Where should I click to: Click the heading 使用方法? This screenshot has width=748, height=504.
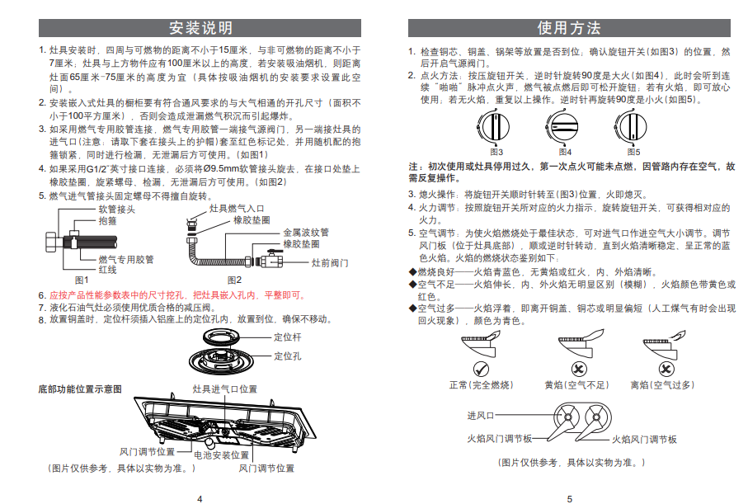tap(569, 28)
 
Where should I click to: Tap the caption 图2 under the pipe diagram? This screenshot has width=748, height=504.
tap(234, 280)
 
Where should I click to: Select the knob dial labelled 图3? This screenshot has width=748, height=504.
tap(496, 129)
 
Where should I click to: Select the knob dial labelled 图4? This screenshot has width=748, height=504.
tap(565, 129)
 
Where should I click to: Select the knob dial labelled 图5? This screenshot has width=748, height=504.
tap(633, 129)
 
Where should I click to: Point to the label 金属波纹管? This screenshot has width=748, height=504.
tap(305, 233)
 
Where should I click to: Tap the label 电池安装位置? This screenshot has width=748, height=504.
tap(221, 455)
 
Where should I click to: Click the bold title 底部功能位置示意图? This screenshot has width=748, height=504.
tap(80, 388)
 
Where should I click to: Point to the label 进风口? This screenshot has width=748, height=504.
tap(480, 415)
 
